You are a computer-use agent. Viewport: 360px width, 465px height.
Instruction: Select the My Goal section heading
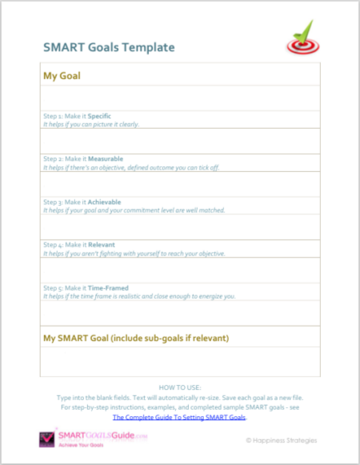tap(62, 76)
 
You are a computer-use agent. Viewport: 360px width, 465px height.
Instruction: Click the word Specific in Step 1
tap(99, 116)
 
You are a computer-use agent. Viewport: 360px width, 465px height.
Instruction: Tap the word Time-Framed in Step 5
tap(108, 287)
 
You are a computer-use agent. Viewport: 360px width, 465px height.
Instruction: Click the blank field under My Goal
tap(180, 98)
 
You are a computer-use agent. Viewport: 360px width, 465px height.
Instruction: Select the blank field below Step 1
tap(180, 140)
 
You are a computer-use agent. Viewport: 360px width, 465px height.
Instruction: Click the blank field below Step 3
tap(180, 226)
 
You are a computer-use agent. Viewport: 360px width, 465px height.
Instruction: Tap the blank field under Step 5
tap(180, 312)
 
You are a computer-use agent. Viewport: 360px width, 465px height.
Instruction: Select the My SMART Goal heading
tap(136, 338)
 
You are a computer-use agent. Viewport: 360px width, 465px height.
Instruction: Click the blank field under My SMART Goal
tap(180, 362)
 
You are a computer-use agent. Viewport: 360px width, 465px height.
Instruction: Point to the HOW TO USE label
tap(179, 387)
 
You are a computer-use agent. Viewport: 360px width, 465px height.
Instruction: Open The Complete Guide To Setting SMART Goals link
tap(179, 418)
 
